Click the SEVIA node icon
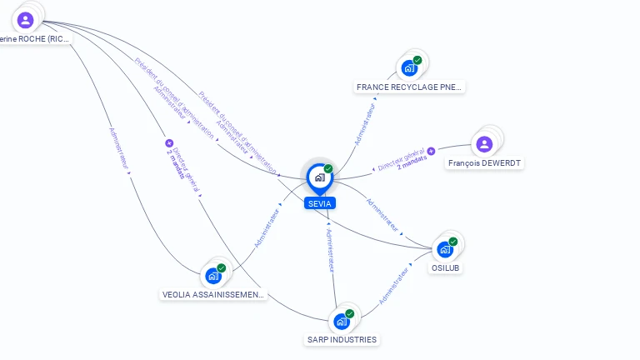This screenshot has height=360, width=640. [319, 177]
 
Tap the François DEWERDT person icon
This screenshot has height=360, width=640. [484, 144]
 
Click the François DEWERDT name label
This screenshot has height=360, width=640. [484, 164]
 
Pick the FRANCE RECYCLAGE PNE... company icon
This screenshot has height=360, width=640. [409, 67]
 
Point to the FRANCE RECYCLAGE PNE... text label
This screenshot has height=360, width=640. [409, 87]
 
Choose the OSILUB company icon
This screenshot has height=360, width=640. [445, 248]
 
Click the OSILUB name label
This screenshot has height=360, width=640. [446, 268]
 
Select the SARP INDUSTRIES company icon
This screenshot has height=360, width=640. [342, 321]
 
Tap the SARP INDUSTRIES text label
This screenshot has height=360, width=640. [342, 340]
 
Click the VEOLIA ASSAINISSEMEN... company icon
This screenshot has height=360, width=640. [213, 275]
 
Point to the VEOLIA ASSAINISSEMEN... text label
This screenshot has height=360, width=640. [213, 294]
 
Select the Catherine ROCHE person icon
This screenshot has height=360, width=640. [25, 19]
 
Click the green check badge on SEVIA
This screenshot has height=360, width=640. [328, 168]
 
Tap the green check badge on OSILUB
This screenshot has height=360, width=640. [453, 241]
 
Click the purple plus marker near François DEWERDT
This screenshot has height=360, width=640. [432, 151]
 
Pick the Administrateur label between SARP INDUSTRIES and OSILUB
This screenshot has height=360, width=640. [395, 286]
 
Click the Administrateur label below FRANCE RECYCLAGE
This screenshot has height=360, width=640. [364, 124]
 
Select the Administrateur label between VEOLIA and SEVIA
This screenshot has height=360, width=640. [267, 224]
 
